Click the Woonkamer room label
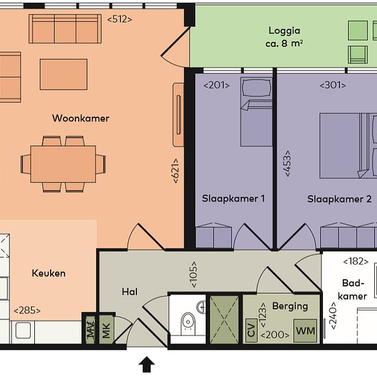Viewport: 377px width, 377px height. [81, 119]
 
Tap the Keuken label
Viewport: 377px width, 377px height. [49, 273]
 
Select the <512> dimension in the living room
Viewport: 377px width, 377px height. [119, 19]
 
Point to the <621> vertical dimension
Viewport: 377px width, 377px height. [175, 171]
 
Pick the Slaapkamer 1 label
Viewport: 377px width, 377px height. [233, 199]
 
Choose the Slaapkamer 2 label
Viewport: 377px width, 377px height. [339, 199]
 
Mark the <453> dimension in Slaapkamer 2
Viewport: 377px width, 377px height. [287, 164]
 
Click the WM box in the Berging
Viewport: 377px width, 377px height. [305, 331]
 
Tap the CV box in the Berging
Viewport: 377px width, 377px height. [252, 330]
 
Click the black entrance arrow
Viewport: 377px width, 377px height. [147, 365]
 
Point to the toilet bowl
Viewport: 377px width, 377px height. [188, 322]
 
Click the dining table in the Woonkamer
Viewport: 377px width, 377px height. [63, 164]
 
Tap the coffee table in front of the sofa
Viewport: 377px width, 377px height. [64, 75]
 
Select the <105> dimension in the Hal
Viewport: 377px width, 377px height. [193, 275]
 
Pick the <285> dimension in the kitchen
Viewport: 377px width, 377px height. [27, 311]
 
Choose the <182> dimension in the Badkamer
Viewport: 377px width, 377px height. [356, 261]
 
